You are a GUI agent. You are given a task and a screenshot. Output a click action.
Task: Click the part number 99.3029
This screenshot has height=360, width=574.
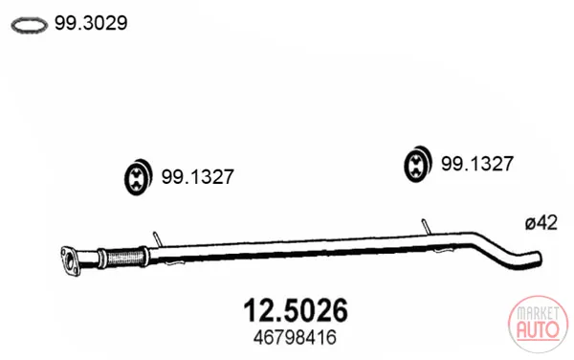pos(91,23)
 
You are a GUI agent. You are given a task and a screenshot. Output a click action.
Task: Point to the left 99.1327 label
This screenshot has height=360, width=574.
pos(198,176)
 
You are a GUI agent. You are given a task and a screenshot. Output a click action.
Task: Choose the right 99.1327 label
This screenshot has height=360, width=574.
pos(477,164)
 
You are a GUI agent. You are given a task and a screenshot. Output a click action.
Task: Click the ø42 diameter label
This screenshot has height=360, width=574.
pos(541,223)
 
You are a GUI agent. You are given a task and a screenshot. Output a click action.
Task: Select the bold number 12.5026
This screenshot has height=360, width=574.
pos(296,310)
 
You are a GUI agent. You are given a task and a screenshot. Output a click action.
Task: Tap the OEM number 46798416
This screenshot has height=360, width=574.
pos(295,337)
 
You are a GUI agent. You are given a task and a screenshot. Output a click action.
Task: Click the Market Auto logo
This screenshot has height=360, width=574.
pos(538,325)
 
